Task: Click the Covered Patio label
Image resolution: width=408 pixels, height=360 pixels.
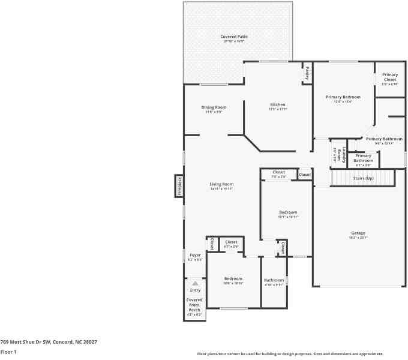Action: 235,37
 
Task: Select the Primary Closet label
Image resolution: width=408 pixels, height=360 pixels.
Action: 390,77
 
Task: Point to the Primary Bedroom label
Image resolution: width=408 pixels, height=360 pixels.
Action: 343,97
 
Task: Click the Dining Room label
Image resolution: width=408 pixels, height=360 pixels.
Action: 214,107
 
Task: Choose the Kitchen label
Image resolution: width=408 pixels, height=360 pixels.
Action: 277,104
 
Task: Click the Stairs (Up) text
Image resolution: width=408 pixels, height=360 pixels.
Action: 363,178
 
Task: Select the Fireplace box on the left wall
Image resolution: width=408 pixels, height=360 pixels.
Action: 179,186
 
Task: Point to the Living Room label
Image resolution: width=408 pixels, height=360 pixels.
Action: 221,184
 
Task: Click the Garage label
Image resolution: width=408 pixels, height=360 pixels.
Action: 358,233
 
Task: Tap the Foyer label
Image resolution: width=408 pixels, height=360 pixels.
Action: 195,255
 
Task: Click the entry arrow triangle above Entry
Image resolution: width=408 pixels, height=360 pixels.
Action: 195,283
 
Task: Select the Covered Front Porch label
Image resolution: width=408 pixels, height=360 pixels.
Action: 194,304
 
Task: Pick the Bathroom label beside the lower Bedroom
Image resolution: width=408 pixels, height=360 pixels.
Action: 274,280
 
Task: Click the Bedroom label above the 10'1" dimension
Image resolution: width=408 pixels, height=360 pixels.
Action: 288,212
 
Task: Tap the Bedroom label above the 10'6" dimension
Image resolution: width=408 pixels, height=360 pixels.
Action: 233,278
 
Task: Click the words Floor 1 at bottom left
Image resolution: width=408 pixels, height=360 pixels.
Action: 8,352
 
